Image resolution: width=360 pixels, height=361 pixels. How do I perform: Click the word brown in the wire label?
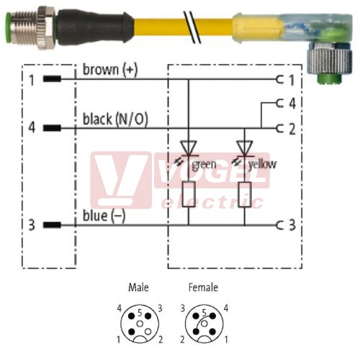click(x=101, y=69)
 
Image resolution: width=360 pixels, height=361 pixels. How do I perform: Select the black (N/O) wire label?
click(x=115, y=119)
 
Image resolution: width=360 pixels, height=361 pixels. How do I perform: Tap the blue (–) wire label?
click(x=104, y=216)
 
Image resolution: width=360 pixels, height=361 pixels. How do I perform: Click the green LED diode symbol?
click(x=189, y=148)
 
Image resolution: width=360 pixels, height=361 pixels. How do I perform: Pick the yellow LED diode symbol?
click(x=245, y=148)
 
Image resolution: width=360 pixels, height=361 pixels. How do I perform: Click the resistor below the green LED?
click(x=189, y=194)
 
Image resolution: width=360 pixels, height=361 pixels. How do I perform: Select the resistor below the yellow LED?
click(x=245, y=194)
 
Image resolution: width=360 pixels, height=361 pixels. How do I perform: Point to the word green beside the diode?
click(x=204, y=165)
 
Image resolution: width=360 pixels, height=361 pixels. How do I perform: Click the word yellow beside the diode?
click(x=262, y=165)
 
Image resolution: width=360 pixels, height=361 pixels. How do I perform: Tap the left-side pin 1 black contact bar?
click(x=52, y=78)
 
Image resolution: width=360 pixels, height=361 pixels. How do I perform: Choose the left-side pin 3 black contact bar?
click(x=52, y=225)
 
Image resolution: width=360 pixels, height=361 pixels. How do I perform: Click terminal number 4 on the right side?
click(x=292, y=104)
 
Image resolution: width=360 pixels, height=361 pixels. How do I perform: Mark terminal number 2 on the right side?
click(x=292, y=129)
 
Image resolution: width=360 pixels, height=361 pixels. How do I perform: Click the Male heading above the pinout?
click(x=138, y=288)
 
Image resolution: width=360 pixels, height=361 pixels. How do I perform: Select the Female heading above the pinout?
click(x=203, y=288)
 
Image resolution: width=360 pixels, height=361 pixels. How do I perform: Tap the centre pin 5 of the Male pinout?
click(x=140, y=324)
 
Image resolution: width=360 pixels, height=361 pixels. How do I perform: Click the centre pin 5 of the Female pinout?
click(x=204, y=324)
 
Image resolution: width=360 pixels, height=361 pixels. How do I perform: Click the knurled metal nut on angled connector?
click(x=329, y=60)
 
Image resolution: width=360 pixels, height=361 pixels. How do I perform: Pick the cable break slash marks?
click(x=192, y=27)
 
